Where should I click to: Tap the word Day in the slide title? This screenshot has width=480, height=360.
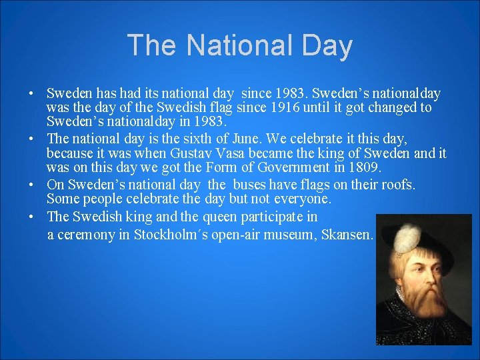coord(327,45)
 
